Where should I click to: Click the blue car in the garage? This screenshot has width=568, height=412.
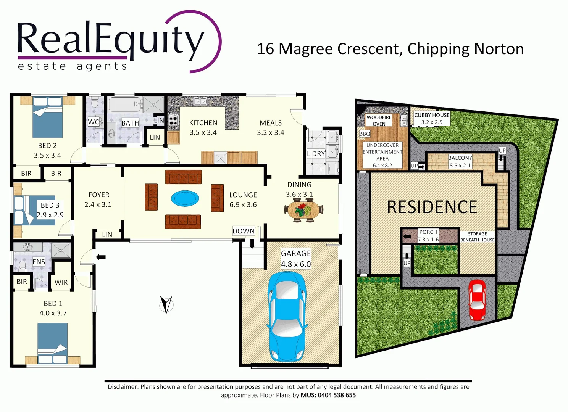point(287,317)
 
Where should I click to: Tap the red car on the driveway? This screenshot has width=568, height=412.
point(477,300)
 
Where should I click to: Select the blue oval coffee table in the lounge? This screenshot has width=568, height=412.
point(185,198)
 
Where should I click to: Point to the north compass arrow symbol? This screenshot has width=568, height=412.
point(166,304)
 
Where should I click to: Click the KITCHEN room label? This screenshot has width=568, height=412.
point(203,123)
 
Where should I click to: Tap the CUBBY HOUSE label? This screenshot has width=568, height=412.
point(432,115)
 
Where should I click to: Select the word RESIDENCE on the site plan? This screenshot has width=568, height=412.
point(432,207)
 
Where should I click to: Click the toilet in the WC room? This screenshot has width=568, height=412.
point(94,103)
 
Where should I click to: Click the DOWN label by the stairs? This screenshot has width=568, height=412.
point(244,231)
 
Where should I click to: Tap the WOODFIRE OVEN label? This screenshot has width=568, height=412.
point(379,121)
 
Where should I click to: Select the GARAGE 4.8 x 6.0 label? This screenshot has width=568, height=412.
point(296,259)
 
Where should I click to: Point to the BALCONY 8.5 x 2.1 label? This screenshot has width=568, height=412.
point(460,161)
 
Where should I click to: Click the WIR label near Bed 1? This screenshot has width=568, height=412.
point(61,283)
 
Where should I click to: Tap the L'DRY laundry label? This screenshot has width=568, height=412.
point(316,154)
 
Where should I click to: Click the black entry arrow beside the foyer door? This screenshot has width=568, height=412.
point(101,257)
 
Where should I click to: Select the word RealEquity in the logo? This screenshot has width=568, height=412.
point(111,39)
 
